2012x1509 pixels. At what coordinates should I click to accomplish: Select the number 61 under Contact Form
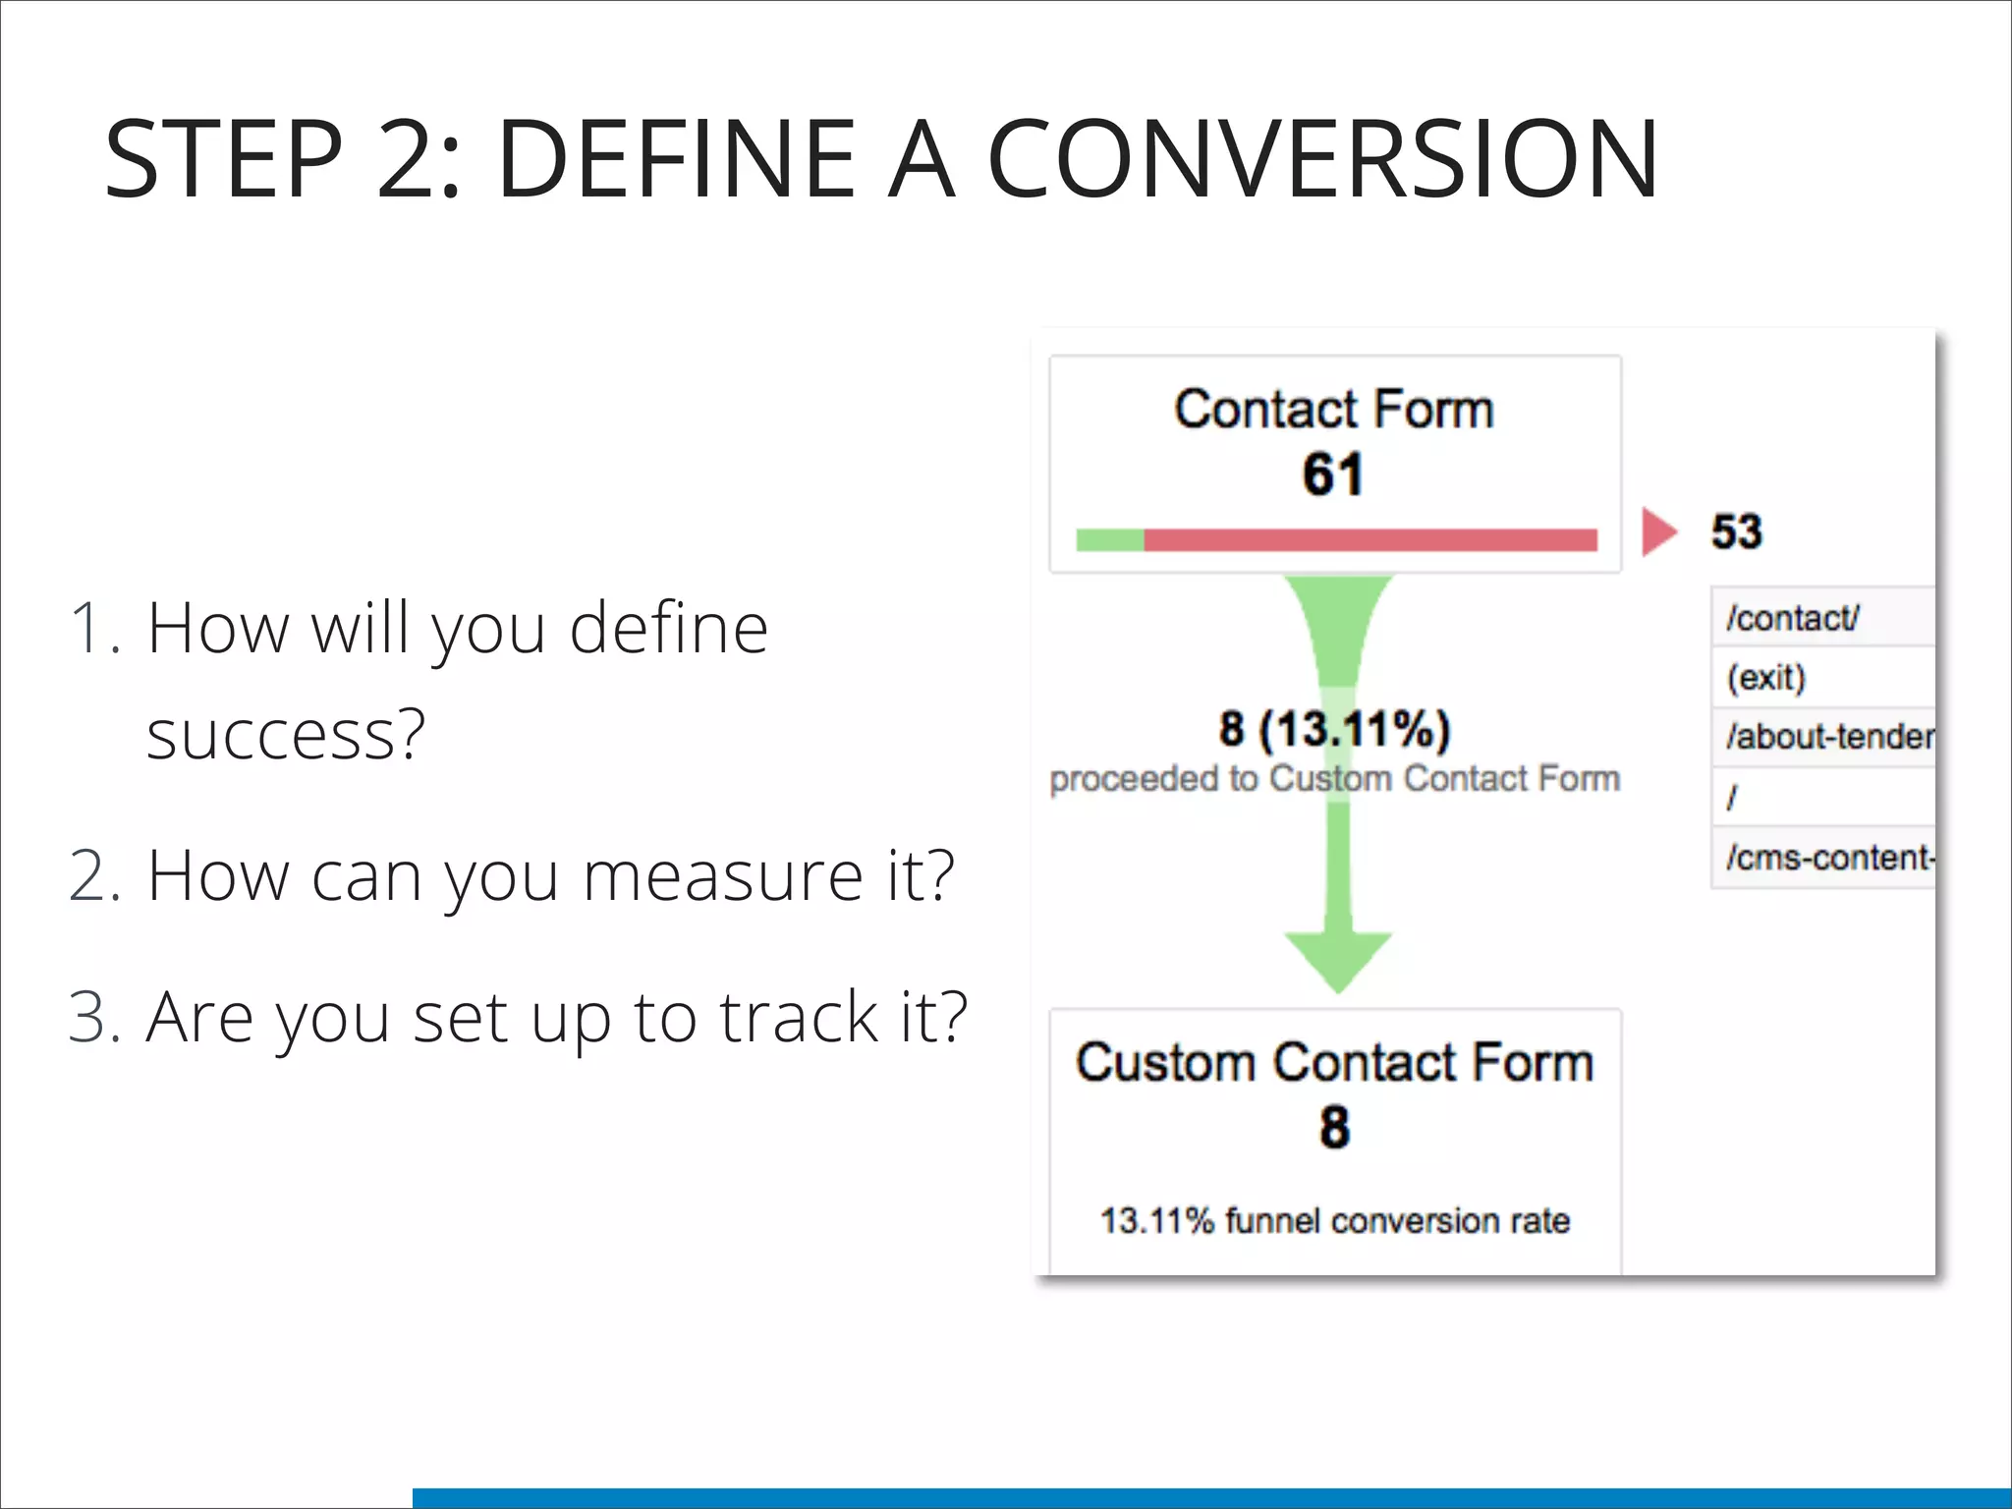(x=1333, y=475)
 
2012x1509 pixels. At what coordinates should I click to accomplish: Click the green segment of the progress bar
(x=1110, y=539)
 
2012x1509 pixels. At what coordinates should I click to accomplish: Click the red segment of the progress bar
(x=1370, y=539)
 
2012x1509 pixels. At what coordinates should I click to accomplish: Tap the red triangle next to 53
(x=1657, y=531)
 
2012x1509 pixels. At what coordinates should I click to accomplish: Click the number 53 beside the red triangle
(x=1736, y=531)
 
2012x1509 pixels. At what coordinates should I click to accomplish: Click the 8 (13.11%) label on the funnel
(x=1334, y=729)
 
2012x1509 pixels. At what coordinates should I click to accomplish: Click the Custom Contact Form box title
(x=1334, y=1063)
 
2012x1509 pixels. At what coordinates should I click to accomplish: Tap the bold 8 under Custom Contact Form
(x=1334, y=1127)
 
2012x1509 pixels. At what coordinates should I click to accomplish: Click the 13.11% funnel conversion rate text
(x=1334, y=1220)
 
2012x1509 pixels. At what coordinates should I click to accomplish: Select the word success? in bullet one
(x=286, y=735)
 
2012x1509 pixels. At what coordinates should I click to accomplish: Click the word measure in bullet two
(x=723, y=875)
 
